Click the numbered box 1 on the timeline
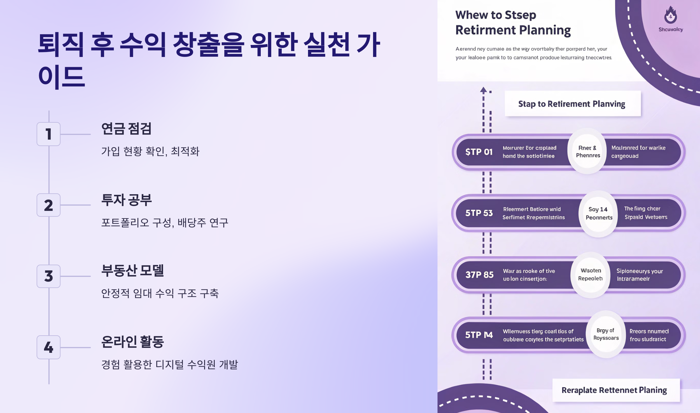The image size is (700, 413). coord(48,134)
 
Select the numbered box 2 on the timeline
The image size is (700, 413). coord(48,205)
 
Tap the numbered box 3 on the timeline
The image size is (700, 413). coord(48,276)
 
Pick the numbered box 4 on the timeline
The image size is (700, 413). coord(48,347)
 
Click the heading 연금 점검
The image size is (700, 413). coord(126,129)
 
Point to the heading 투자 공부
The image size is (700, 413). coord(126,200)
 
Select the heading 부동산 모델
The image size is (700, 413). coord(132,271)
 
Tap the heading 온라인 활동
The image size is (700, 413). coord(132,342)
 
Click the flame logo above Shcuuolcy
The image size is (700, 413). coord(671,15)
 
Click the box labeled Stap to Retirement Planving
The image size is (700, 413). coord(573,104)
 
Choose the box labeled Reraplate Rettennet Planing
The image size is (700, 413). coord(616,390)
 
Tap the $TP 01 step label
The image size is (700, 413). coord(479,152)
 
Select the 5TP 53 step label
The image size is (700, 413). coord(479,213)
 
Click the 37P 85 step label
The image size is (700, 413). coord(480,275)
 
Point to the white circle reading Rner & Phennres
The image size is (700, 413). coord(588,152)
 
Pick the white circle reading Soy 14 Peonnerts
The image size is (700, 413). coord(598,214)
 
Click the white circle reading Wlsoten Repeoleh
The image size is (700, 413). coord(591,275)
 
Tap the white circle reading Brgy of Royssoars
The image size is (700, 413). coord(606,334)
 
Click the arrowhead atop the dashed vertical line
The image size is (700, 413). coord(483,90)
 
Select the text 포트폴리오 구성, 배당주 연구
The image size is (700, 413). coord(164,223)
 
